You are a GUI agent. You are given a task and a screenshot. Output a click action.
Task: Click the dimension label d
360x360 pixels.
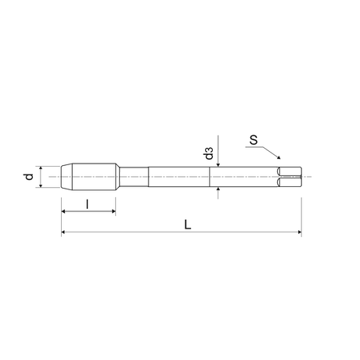[29, 177]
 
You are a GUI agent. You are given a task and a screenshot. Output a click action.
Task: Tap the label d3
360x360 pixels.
[209, 153]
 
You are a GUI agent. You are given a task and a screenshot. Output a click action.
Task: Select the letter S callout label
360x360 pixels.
[254, 140]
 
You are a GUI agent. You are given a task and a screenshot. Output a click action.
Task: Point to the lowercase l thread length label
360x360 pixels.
[88, 204]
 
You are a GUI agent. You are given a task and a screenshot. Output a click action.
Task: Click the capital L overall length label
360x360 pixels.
[188, 225]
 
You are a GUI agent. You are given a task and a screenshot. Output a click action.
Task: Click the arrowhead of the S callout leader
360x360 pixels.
[279, 157]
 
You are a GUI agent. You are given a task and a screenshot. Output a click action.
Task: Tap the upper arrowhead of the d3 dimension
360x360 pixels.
[218, 164]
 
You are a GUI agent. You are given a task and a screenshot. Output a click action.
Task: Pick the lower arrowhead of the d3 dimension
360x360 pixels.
[218, 189]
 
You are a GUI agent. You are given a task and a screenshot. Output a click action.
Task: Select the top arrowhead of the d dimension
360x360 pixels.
[41, 168]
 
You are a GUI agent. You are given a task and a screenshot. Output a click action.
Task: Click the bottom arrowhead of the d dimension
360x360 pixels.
[41, 185]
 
